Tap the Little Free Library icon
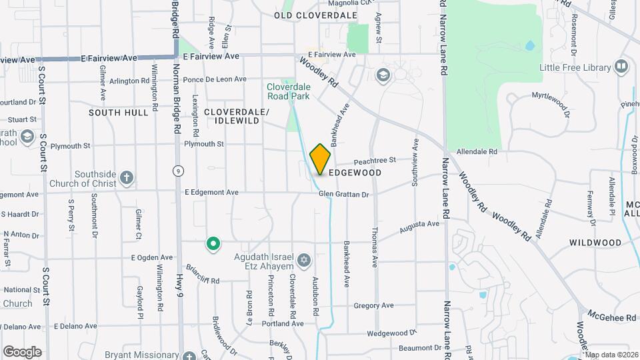click(x=621, y=67)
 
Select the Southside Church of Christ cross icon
click(x=127, y=178)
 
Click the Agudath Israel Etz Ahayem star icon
click(x=304, y=260)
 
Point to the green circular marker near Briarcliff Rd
click(x=213, y=245)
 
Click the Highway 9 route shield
click(x=178, y=171)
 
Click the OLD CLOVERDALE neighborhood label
click(x=315, y=15)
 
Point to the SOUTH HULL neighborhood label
click(x=119, y=113)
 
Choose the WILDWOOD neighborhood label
click(x=595, y=243)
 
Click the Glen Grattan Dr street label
click(x=343, y=194)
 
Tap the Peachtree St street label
click(x=375, y=160)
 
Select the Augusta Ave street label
click(x=419, y=228)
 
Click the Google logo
click(x=22, y=352)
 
